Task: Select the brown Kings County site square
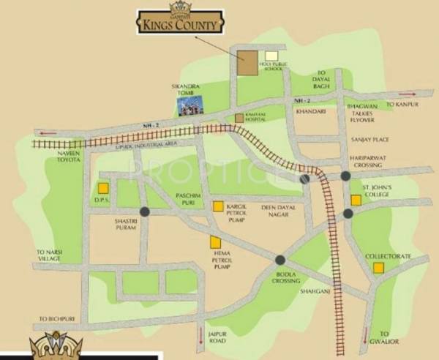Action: click(x=247, y=63)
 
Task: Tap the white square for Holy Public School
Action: click(x=272, y=56)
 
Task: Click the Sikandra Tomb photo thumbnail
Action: click(x=190, y=106)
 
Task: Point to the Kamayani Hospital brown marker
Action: click(x=239, y=118)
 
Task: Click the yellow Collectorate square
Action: click(x=378, y=268)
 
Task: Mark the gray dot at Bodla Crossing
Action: click(x=280, y=260)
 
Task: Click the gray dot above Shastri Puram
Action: click(x=145, y=211)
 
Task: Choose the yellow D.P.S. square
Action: click(x=103, y=188)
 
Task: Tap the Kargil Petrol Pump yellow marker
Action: click(x=218, y=206)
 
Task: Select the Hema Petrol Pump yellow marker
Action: click(x=215, y=242)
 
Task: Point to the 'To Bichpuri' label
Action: click(x=57, y=319)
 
